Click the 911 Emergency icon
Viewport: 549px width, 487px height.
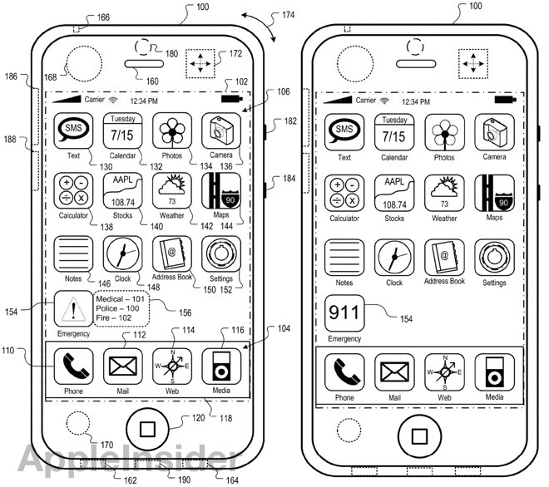(344, 313)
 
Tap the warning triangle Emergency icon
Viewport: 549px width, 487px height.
(73, 310)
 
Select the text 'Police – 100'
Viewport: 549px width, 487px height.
(117, 308)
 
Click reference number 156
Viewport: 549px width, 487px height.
(185, 312)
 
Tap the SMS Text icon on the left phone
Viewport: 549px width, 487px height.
(73, 131)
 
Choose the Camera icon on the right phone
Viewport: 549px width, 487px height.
(494, 133)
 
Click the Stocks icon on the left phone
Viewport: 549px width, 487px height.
(123, 191)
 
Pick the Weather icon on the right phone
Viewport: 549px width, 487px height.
(444, 194)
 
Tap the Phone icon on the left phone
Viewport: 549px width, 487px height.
(73, 366)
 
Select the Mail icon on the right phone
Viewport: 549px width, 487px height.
(394, 372)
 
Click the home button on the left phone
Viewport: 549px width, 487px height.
(147, 429)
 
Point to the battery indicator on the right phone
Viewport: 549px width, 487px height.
(505, 100)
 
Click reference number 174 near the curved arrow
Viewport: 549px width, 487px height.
(288, 15)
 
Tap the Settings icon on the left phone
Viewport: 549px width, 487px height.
(221, 254)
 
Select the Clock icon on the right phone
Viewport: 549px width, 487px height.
(394, 258)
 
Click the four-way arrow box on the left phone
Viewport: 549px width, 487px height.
(200, 64)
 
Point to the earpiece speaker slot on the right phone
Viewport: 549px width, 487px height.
(416, 64)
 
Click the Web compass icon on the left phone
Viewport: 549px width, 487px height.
(172, 366)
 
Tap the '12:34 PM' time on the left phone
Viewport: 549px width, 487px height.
(144, 101)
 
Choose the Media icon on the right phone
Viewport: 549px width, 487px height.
(494, 372)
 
